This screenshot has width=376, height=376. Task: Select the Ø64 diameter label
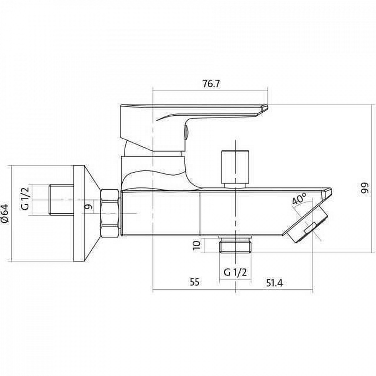(5, 213)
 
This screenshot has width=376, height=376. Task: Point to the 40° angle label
(299, 199)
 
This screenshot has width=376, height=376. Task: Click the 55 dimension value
(194, 282)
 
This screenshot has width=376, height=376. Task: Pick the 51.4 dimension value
(274, 283)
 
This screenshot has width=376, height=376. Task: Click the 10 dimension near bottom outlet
(197, 245)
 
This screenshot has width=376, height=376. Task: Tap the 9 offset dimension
(88, 207)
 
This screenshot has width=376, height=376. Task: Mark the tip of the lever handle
(267, 108)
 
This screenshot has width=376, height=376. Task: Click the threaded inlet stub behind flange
(61, 200)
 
